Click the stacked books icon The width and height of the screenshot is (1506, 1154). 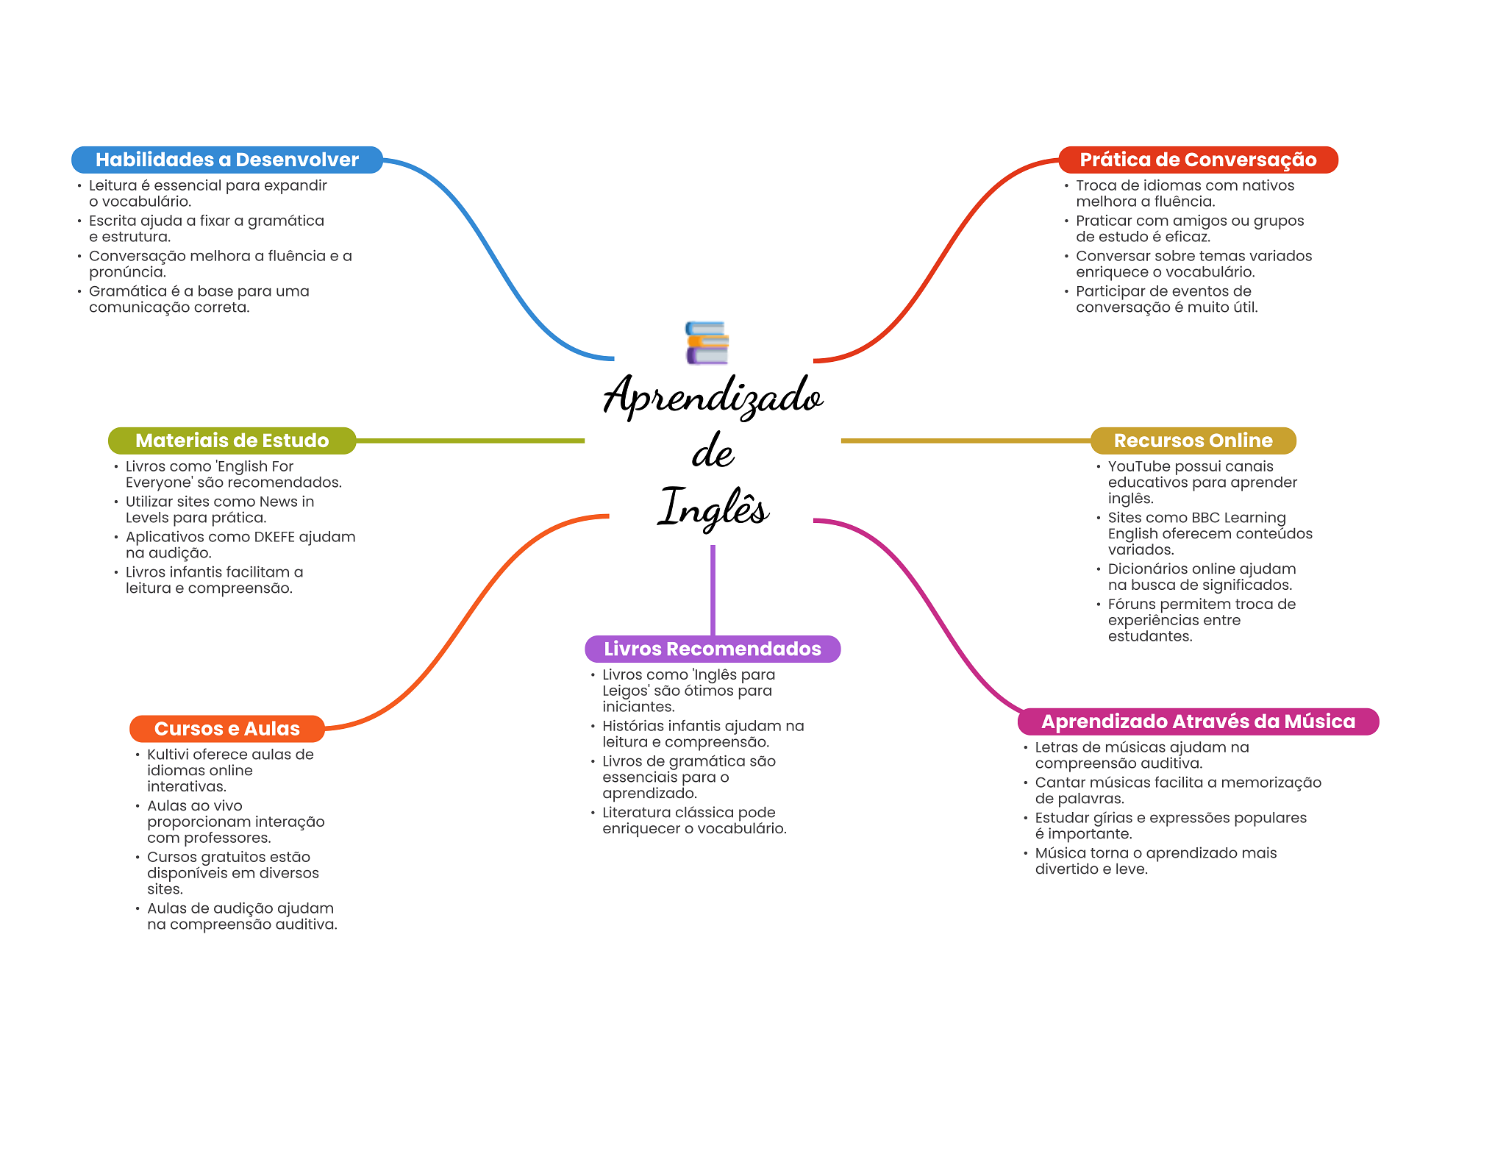[x=707, y=343]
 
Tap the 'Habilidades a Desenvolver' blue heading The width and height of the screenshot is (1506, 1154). [x=226, y=160]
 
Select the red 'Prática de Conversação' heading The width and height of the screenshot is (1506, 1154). [x=1197, y=160]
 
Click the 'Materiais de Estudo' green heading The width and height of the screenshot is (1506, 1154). [x=232, y=441]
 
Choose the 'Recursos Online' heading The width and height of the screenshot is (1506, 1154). [x=1193, y=441]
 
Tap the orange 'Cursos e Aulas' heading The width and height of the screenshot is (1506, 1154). [x=226, y=729]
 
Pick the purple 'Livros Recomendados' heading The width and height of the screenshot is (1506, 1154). [x=712, y=649]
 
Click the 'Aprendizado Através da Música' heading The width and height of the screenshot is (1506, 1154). [x=1197, y=722]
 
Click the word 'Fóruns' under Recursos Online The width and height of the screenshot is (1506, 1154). [x=1132, y=605]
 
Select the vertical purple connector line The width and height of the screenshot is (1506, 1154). [x=713, y=588]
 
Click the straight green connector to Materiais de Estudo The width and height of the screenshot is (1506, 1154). [x=471, y=441]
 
